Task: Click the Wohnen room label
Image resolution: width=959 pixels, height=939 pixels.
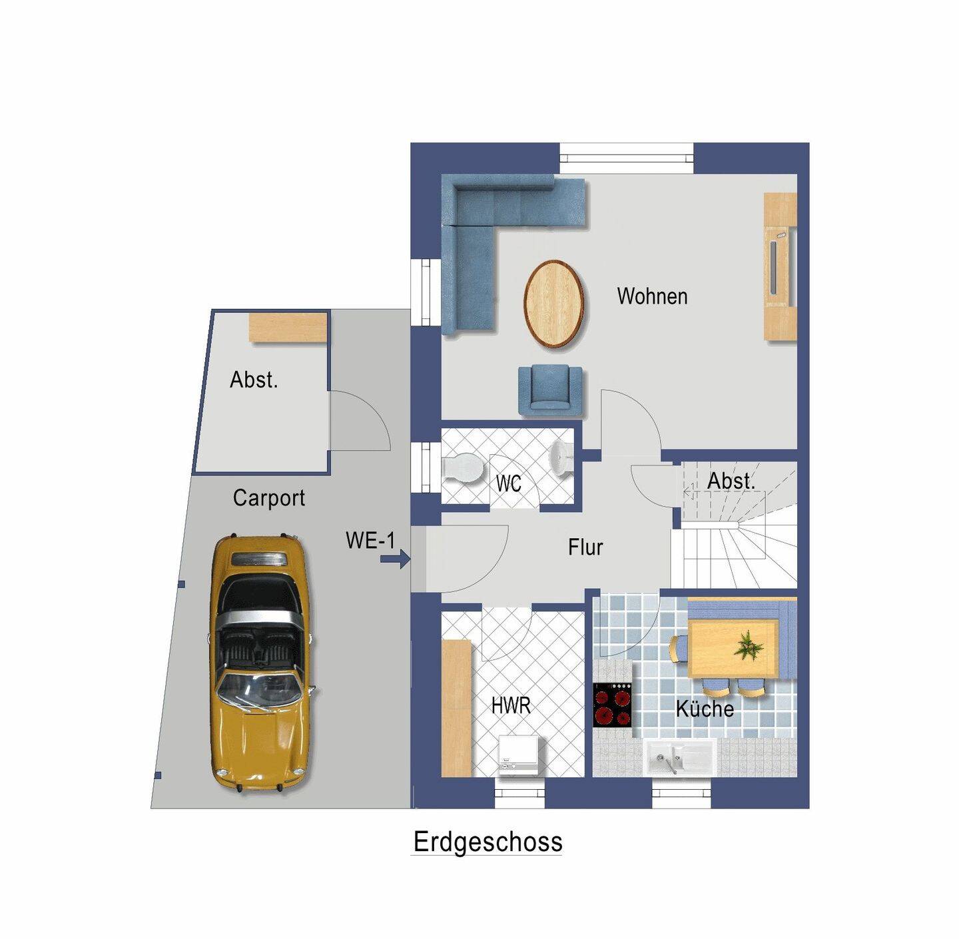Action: [x=652, y=296]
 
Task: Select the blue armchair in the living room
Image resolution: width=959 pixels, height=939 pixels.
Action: [x=551, y=390]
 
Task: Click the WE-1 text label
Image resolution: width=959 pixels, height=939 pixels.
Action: [x=370, y=540]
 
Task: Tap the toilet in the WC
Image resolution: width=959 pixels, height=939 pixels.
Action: [x=462, y=467]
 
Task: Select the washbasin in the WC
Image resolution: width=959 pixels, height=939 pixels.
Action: [x=561, y=458]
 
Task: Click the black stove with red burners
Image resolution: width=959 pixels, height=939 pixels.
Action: [x=613, y=706]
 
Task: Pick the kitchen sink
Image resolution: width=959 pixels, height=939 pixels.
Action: [x=680, y=759]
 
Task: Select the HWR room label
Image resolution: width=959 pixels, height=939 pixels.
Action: [x=511, y=705]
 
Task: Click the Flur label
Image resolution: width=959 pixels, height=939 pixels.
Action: [x=585, y=547]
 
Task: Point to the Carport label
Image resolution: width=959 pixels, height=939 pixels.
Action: [x=269, y=498]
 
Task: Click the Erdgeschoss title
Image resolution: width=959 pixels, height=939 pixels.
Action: [x=487, y=842]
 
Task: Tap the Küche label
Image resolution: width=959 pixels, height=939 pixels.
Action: [x=705, y=709]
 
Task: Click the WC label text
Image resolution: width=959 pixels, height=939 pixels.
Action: [x=508, y=483]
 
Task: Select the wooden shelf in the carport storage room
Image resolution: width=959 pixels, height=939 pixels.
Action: [x=288, y=327]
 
